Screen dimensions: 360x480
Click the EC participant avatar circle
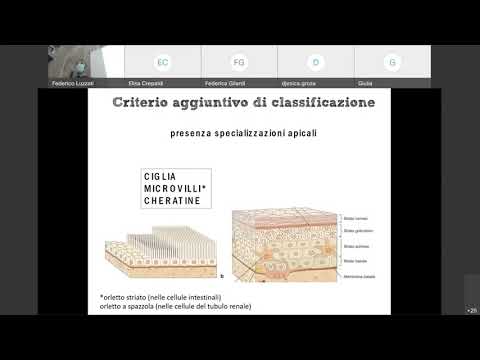(x=162, y=62)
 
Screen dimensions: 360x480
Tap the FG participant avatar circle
(x=239, y=62)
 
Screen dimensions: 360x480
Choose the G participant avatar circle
(x=392, y=62)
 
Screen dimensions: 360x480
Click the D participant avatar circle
(x=315, y=62)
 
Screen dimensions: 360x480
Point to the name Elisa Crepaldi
(x=163, y=83)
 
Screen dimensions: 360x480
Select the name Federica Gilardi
(x=239, y=83)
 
